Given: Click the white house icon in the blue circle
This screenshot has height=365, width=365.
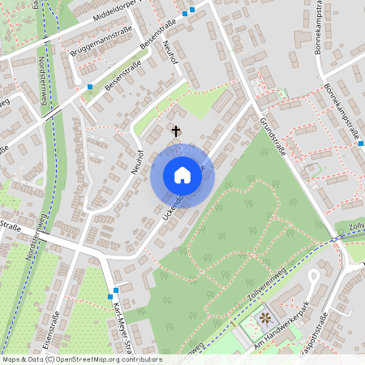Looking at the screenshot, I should (182, 175).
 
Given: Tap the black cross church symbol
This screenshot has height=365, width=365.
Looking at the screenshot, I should (175, 130).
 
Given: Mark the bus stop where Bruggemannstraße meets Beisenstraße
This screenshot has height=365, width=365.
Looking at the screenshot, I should (88, 86).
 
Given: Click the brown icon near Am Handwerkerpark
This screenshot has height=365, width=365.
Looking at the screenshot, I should (264, 317).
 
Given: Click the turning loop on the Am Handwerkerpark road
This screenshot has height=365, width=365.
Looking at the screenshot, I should (313, 277).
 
